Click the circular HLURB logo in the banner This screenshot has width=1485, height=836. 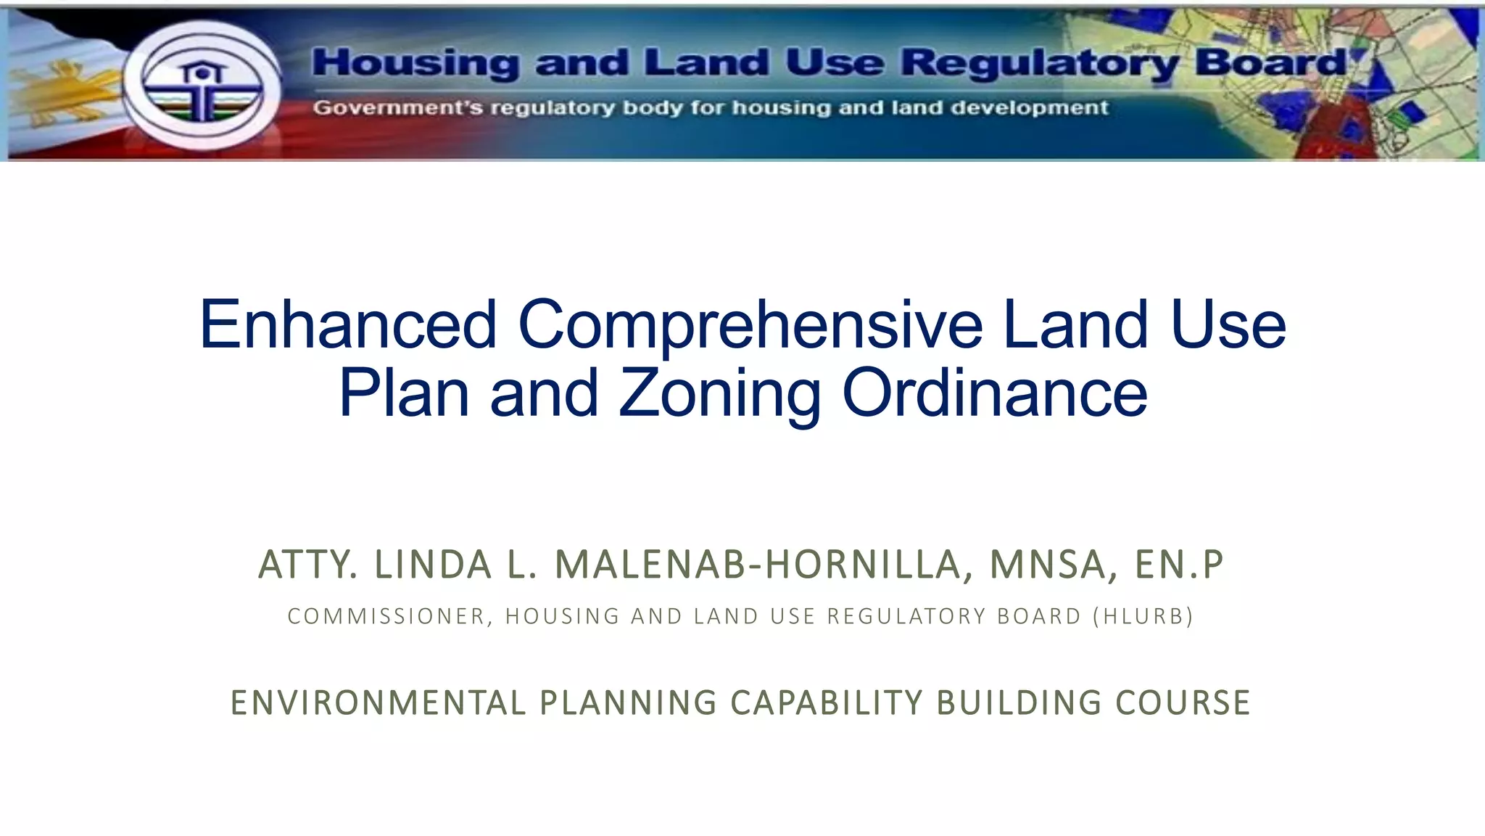coord(202,85)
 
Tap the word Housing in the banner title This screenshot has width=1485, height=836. coord(415,63)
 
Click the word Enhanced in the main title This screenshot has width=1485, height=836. coord(348,324)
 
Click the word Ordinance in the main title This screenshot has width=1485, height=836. coord(995,393)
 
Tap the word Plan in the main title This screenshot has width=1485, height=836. coord(404,393)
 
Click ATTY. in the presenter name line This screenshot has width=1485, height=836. coord(307,565)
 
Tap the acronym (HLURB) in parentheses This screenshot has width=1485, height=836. coord(1148,616)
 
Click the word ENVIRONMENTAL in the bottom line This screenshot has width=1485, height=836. coord(378,702)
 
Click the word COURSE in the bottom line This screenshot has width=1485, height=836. coord(1183,702)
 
